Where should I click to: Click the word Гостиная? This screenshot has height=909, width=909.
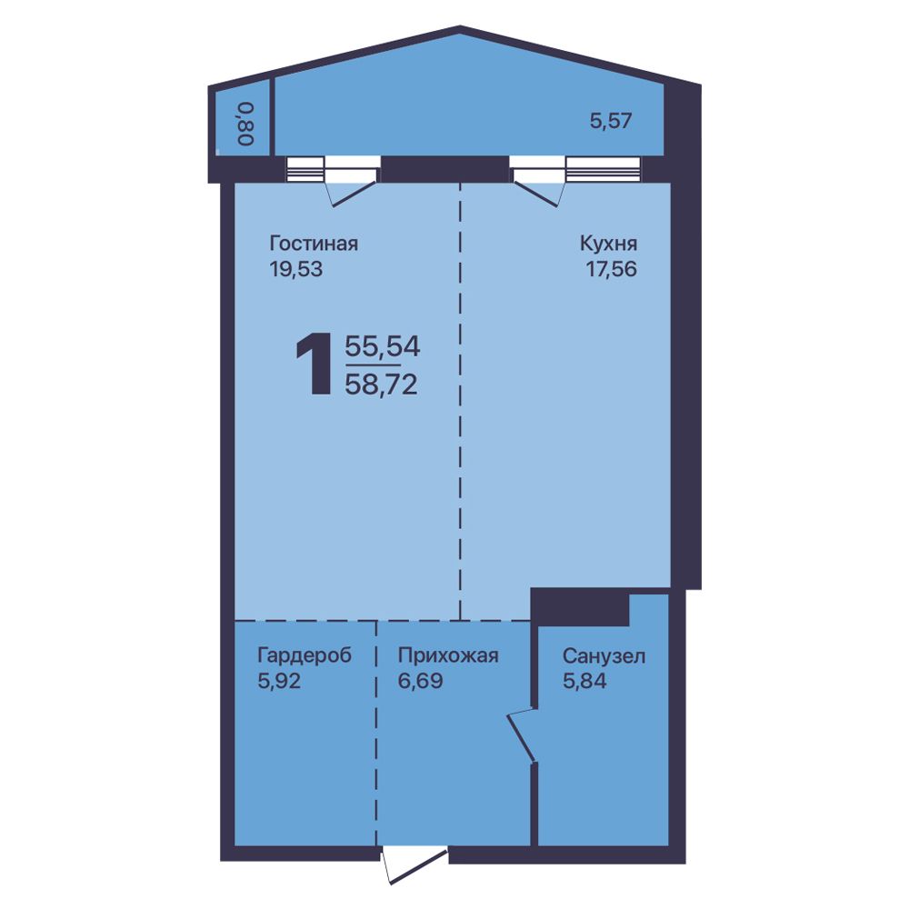click(314, 244)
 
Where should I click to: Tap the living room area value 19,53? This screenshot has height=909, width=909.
click(295, 269)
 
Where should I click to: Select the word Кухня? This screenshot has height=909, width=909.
click(608, 244)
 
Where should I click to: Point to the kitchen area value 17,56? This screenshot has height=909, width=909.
click(612, 269)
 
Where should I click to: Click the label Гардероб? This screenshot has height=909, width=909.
click(305, 655)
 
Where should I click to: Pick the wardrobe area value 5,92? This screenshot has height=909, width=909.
click(279, 681)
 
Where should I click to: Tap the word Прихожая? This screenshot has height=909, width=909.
click(448, 655)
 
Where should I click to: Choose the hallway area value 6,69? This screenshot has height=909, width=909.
click(420, 681)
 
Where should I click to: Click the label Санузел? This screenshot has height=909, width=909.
click(604, 656)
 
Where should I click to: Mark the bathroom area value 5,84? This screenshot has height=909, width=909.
click(584, 681)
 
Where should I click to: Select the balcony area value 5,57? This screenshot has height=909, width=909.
click(611, 121)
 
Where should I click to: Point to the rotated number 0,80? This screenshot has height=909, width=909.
click(245, 124)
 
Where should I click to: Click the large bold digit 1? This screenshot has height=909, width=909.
click(315, 365)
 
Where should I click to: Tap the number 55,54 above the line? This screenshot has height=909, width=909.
click(382, 346)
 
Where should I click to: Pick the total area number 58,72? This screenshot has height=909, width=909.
click(381, 384)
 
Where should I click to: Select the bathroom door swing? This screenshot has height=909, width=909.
click(521, 734)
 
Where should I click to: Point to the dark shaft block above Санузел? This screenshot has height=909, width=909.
click(580, 606)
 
